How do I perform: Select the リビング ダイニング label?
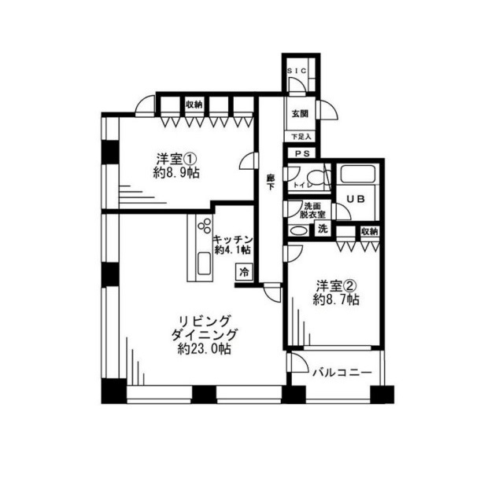205,328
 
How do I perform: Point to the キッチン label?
234,239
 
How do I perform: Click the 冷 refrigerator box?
244,272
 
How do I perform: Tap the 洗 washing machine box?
323,229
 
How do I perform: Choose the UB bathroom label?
356,199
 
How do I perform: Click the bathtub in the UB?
358,175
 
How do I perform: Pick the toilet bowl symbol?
317,178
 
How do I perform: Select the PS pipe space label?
302,153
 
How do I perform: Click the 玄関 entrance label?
300,114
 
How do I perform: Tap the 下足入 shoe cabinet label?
301,137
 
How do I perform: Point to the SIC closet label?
296,71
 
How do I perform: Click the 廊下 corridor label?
270,182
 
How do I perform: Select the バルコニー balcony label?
342,373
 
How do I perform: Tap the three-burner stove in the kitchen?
205,226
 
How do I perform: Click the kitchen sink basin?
204,263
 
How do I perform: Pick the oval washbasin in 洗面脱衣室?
297,230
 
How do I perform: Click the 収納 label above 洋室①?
194,105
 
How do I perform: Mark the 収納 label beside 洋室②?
370,231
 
